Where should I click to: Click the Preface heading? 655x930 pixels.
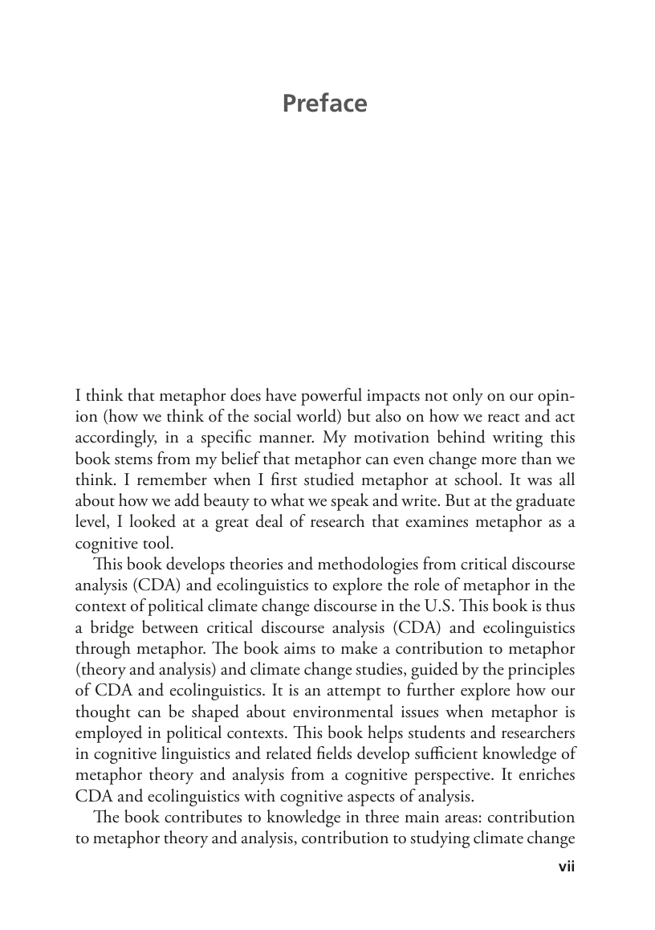point(324,104)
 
